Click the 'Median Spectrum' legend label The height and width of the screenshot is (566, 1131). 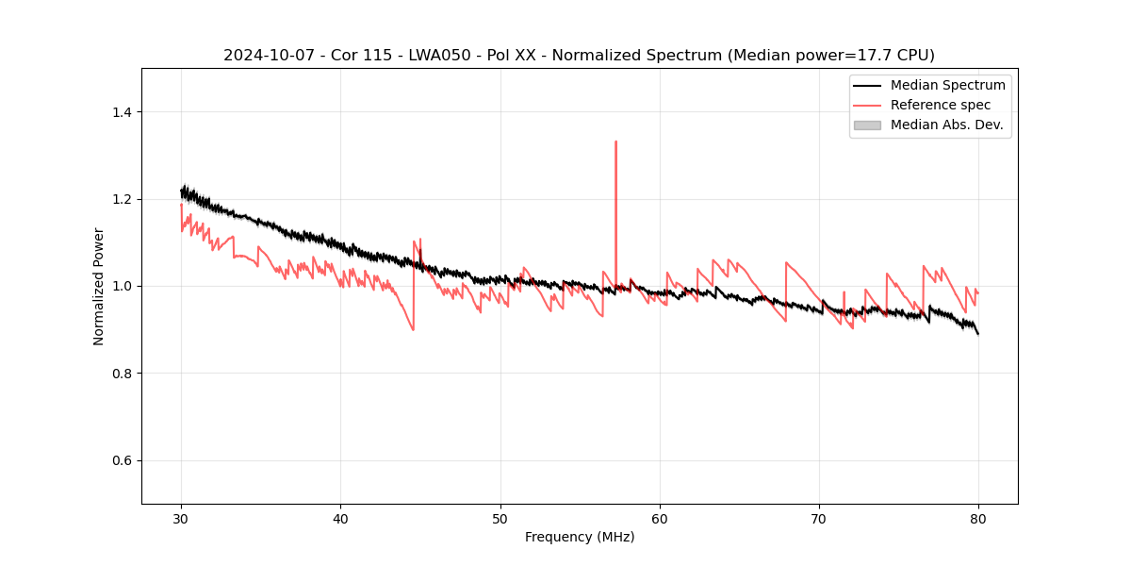coord(947,85)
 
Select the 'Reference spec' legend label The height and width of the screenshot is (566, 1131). coord(940,105)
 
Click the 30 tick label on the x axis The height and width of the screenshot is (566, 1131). coord(181,518)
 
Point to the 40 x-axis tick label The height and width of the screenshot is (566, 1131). coord(340,518)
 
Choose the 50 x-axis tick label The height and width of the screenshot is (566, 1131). coord(500,518)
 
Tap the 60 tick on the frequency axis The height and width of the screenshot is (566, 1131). coord(660,518)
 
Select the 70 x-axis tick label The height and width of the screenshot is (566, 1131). coord(819,518)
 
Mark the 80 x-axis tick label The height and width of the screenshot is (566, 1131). coord(978,518)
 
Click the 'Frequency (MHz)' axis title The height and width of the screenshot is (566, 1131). coord(580,537)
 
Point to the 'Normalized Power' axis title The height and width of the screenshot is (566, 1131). coord(99,286)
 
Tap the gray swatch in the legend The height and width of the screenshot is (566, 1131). coord(867,125)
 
